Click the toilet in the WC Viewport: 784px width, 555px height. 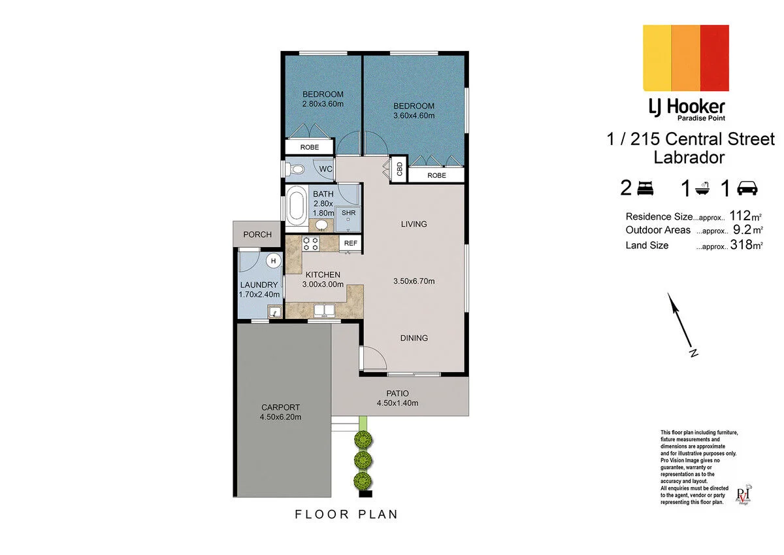(294, 170)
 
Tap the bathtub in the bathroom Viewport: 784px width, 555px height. (297, 209)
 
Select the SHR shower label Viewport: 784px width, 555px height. (348, 213)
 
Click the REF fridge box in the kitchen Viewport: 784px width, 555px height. (350, 243)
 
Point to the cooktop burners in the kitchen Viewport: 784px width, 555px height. (310, 244)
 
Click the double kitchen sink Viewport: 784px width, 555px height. (325, 311)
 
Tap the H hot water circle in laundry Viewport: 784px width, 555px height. (273, 261)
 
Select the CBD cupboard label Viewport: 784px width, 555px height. (399, 169)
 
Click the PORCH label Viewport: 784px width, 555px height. (257, 234)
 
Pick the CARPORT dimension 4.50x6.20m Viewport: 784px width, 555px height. (280, 417)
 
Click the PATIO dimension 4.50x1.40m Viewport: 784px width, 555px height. (397, 403)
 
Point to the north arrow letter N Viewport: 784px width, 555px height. (693, 352)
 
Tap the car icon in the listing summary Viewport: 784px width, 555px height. (747, 188)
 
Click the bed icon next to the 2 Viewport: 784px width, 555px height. (645, 188)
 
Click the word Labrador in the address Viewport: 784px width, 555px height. (689, 158)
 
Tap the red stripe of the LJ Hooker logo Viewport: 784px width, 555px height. (714, 58)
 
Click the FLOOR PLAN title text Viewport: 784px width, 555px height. (346, 514)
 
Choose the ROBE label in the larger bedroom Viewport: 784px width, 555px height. (436, 175)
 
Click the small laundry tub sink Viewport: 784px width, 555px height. (275, 311)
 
